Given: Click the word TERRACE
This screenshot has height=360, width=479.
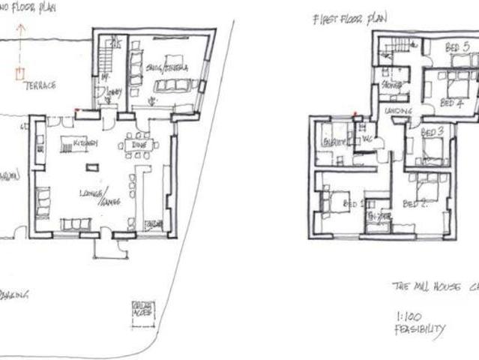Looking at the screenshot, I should [x=40, y=86].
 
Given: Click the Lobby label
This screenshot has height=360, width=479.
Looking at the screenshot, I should [x=113, y=93].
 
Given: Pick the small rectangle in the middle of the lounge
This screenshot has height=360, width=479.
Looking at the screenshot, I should [x=92, y=167].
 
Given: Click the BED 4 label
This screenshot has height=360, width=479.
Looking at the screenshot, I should [x=451, y=103].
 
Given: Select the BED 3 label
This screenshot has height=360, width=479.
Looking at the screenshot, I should [x=433, y=132].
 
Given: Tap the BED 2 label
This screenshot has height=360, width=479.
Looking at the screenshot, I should [x=415, y=203].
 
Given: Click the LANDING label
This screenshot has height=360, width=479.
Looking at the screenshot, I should [x=398, y=111].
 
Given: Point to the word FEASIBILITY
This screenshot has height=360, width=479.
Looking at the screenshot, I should [x=419, y=329].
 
